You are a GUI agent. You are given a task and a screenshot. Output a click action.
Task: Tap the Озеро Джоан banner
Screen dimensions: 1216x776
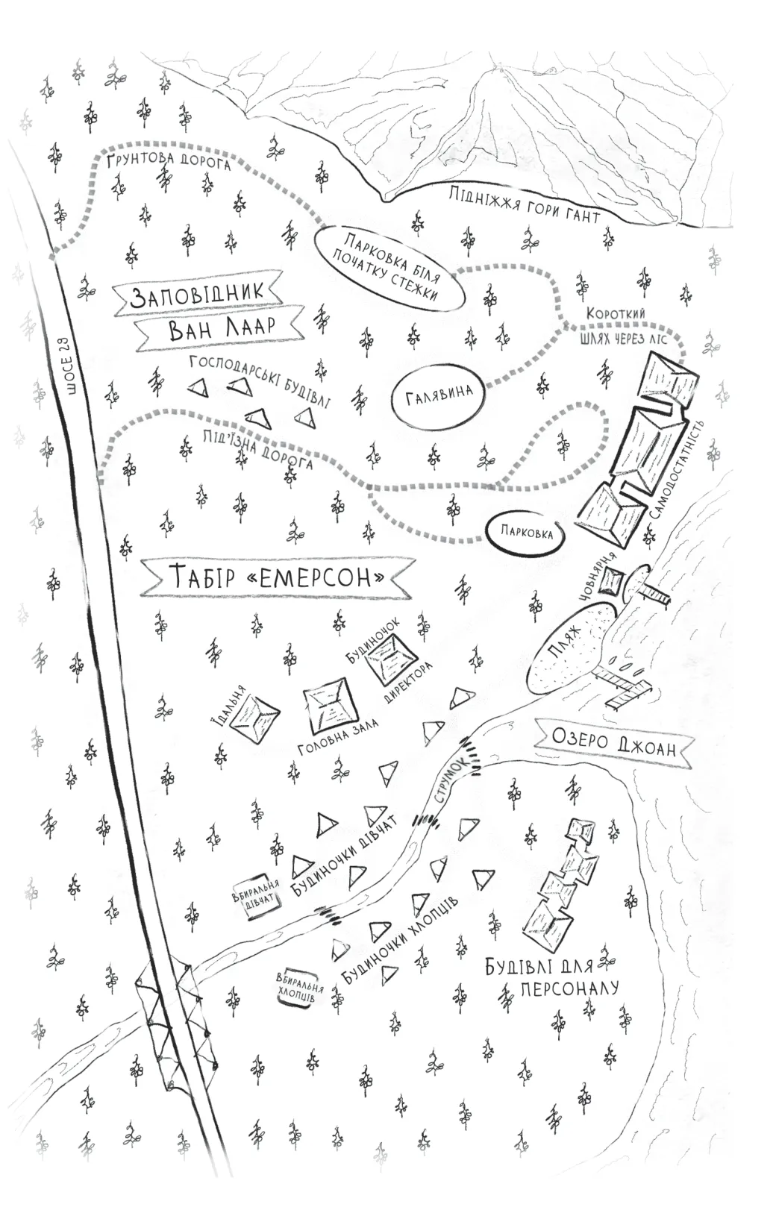(613, 742)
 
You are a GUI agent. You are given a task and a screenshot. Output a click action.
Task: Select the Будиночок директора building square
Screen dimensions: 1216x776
(390, 654)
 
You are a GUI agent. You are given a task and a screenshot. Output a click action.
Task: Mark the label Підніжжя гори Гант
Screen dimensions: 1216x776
(525, 205)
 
